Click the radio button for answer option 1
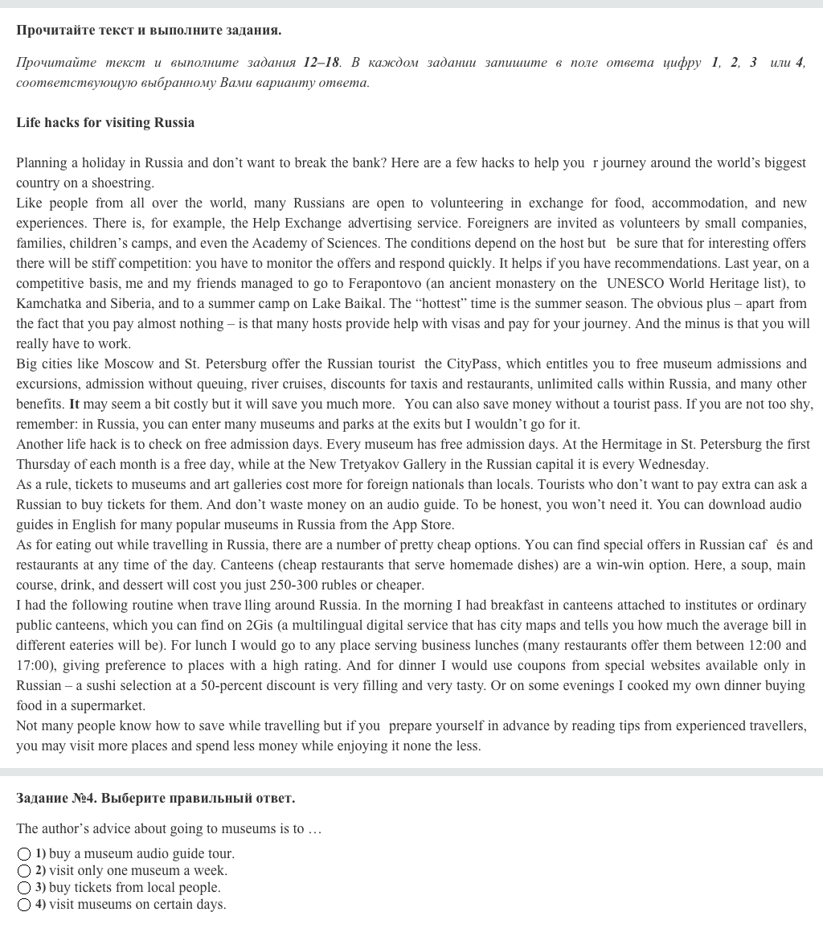click(24, 854)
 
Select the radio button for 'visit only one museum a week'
click(24, 871)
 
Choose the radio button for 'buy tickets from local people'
click(24, 888)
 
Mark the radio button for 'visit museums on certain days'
click(24, 905)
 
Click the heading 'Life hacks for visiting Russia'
click(105, 123)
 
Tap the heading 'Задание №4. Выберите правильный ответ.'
click(155, 799)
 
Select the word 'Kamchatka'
click(49, 304)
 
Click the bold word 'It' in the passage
click(74, 405)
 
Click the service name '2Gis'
click(259, 626)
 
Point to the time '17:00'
click(35, 666)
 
